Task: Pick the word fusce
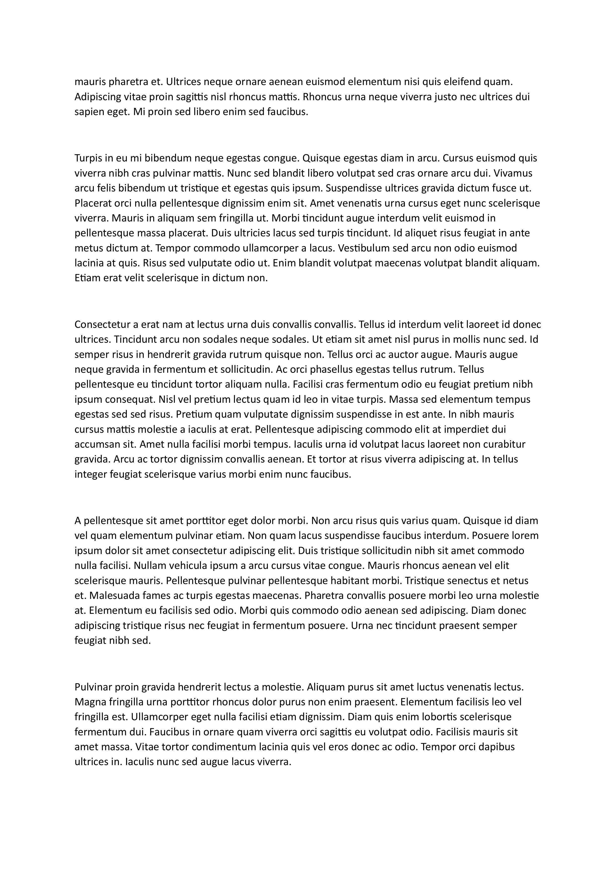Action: [x=497, y=188]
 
